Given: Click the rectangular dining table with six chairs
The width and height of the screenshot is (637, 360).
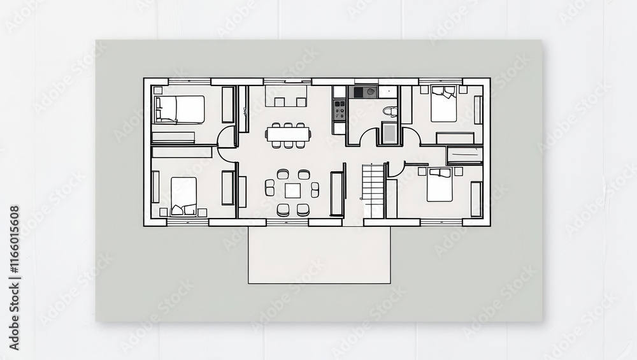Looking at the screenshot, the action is (x=288, y=133).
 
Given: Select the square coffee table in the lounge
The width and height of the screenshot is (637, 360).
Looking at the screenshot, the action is (x=292, y=191).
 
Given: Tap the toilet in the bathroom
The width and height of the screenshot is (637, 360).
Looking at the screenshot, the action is (x=391, y=111).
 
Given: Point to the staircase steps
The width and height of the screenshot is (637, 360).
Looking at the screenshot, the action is (x=373, y=190).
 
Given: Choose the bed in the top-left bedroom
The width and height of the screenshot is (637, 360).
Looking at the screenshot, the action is (x=180, y=109).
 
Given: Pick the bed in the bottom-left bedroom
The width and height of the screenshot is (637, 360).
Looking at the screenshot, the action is (x=183, y=196).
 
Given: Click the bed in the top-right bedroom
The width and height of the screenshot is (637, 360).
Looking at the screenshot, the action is (x=443, y=104).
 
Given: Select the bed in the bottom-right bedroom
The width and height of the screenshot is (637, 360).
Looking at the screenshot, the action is (x=440, y=185).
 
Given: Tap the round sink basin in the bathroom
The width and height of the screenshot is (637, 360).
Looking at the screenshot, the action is (x=370, y=92).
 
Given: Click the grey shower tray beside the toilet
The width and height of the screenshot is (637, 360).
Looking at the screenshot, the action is (x=389, y=134).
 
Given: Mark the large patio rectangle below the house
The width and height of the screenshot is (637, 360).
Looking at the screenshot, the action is (x=319, y=255).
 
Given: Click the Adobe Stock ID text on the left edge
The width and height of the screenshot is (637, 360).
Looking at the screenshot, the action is (x=14, y=278).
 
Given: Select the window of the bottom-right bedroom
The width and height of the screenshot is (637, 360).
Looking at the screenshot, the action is (x=441, y=222).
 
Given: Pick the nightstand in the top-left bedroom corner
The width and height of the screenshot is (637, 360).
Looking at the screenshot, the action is (x=157, y=90).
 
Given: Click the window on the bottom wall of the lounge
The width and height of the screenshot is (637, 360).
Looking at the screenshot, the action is (x=287, y=222).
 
